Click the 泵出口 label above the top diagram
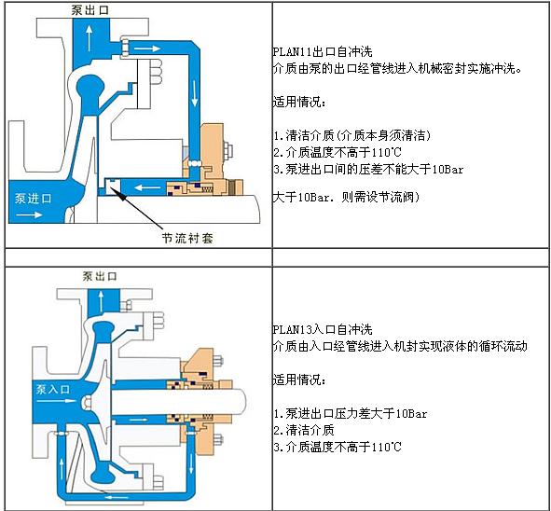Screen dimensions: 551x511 point(90,10)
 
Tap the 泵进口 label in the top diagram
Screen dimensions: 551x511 point(33,199)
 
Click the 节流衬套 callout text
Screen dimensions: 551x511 point(187,239)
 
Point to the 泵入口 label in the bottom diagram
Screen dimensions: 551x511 point(53,389)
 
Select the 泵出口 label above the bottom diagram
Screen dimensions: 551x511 point(100,276)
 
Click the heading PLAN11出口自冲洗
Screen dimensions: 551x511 point(323,52)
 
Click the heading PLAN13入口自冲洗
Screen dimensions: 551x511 point(323,329)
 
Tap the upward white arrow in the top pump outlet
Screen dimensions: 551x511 point(90,38)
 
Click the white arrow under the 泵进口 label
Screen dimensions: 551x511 point(30,214)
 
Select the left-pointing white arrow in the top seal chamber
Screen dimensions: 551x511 point(148,187)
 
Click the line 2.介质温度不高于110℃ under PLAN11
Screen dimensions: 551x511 point(337,152)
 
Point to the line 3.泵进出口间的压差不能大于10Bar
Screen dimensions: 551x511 point(368,170)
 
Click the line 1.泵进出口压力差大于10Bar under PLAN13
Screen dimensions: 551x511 point(351,413)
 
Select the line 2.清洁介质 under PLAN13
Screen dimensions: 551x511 point(304,430)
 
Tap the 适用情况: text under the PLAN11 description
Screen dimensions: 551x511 point(299,102)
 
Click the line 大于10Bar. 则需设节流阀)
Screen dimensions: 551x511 point(346,197)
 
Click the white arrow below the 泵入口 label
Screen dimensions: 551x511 point(56,401)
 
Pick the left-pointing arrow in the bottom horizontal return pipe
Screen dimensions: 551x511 point(117,497)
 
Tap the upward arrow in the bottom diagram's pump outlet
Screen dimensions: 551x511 point(101,301)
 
